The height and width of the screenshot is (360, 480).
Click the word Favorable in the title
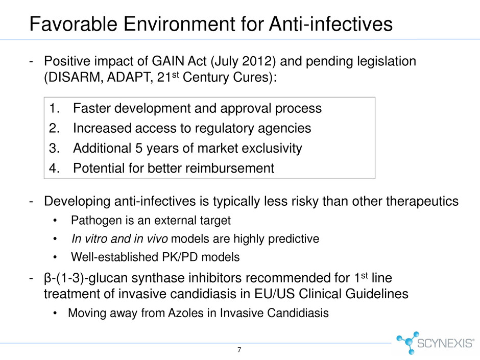click(x=73, y=24)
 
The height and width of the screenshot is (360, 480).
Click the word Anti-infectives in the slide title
click(x=331, y=24)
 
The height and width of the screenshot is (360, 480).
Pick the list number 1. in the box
click(x=54, y=108)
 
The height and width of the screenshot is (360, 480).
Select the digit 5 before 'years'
click(x=139, y=149)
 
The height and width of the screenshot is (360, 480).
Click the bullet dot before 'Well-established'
click(x=55, y=257)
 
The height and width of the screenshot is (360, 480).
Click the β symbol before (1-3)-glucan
click(x=47, y=278)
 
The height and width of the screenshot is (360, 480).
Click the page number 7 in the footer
click(x=239, y=350)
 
